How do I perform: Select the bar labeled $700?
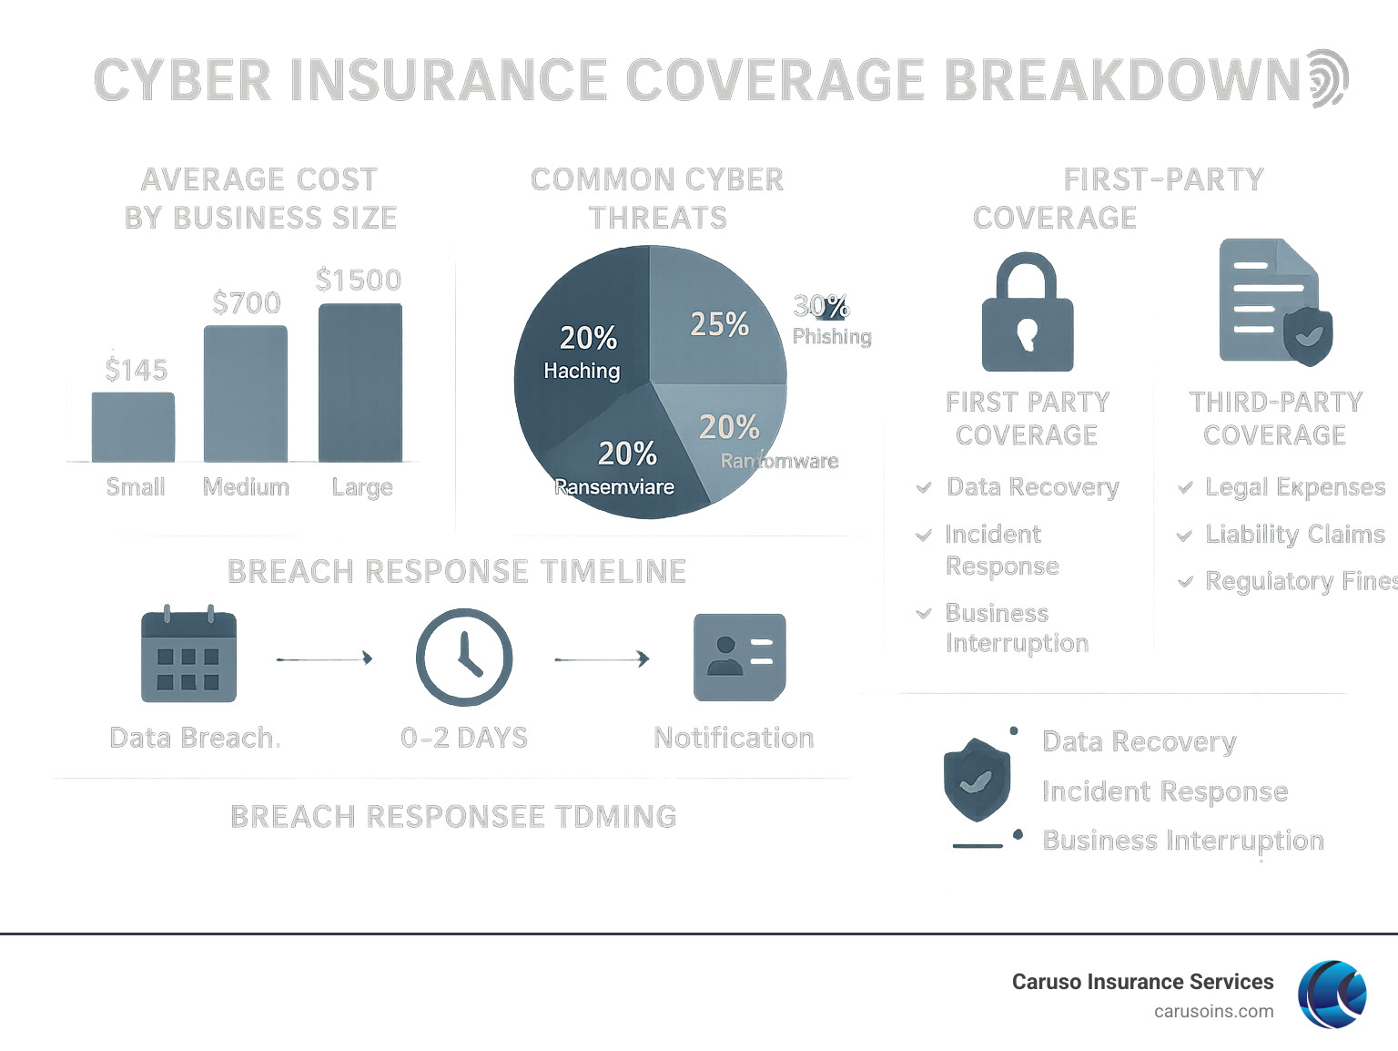(x=246, y=393)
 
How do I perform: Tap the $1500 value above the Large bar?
(x=359, y=280)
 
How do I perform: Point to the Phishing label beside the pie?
(x=832, y=336)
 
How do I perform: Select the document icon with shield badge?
(x=1274, y=301)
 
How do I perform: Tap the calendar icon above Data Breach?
(x=188, y=654)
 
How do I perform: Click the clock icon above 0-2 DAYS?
(x=464, y=657)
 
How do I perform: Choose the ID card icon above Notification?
(x=739, y=657)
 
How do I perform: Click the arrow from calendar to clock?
(x=324, y=658)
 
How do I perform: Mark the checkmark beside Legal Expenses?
(x=1185, y=487)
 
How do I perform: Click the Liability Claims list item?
(x=1294, y=534)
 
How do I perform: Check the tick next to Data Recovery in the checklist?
(x=924, y=487)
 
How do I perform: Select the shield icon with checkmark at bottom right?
(x=977, y=780)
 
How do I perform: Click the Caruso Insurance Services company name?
(x=1142, y=982)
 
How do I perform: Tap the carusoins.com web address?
(x=1213, y=1011)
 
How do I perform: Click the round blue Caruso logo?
(x=1332, y=994)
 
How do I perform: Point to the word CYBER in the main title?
(x=182, y=80)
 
